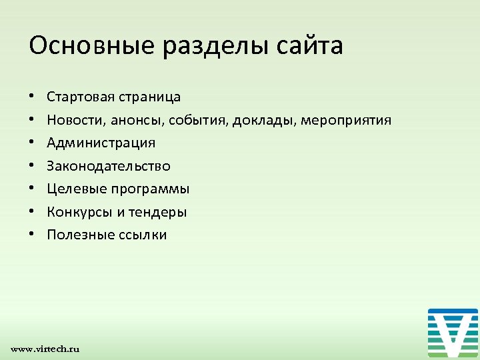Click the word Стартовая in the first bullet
tap(79, 97)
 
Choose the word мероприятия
tap(346, 120)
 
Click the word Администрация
tap(101, 143)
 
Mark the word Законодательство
tap(109, 166)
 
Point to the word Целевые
tap(75, 189)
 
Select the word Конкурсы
tap(77, 212)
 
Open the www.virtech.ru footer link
tap(45, 349)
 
